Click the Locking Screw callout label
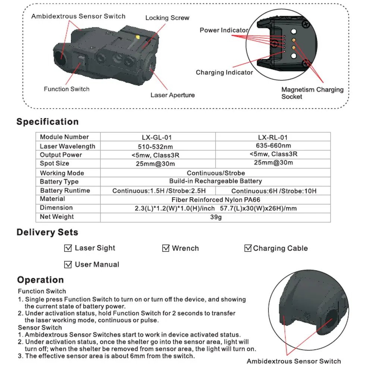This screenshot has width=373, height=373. tap(167, 18)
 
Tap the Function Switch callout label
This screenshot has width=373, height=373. tap(67, 89)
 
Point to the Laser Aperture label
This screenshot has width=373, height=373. tap(172, 95)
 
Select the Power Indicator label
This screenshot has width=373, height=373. tap(224, 30)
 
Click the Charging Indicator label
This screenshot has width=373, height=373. tap(224, 72)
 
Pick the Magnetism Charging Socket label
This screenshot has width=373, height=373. tap(312, 93)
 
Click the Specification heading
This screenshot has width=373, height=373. tap(47, 122)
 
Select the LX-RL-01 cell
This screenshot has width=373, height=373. tap(273, 137)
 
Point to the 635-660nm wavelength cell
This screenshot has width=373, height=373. tap(273, 145)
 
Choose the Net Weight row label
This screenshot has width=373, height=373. tap(57, 217)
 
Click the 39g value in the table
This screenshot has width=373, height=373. tap(216, 217)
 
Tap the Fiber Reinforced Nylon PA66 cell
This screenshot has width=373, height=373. tap(216, 199)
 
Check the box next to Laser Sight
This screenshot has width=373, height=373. tap(68, 248)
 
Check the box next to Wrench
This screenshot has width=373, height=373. tap(166, 248)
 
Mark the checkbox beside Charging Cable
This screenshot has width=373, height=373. tap(248, 248)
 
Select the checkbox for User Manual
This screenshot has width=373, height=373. tap(68, 265)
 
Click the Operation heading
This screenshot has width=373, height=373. tap(40, 280)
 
